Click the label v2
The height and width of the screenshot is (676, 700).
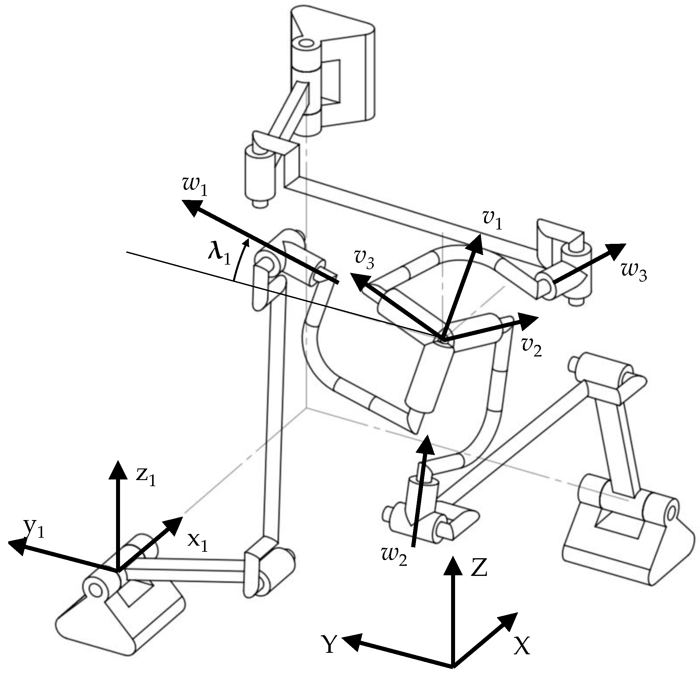(x=531, y=347)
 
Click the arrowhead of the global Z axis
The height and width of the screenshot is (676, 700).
(x=453, y=565)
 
